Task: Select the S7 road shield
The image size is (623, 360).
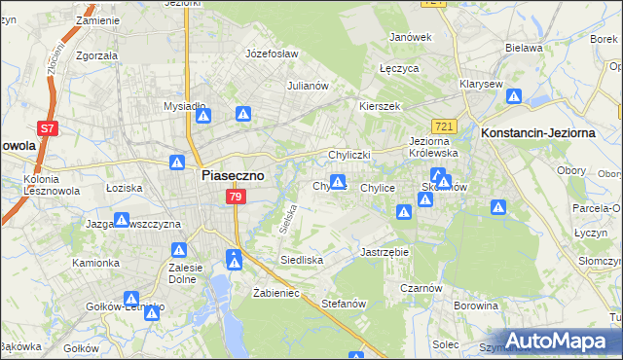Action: tap(47, 127)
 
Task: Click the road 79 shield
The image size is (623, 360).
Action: tap(235, 198)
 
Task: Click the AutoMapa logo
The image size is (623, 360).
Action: tap(555, 341)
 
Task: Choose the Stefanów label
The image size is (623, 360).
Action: tap(343, 304)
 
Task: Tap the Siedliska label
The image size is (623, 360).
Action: tap(301, 261)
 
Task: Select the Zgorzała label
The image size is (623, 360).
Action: tap(95, 55)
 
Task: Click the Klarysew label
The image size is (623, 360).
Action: tap(481, 84)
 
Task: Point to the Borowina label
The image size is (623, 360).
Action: tap(475, 306)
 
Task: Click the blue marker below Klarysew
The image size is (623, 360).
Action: tap(513, 97)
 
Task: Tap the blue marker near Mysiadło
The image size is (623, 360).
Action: tap(203, 116)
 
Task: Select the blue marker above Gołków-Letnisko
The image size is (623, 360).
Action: tap(130, 299)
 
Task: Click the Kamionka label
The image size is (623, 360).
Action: tap(95, 263)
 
